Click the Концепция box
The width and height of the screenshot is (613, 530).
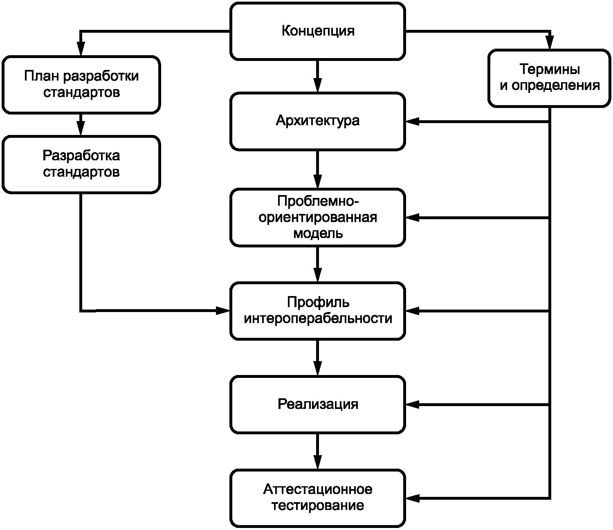click(x=318, y=31)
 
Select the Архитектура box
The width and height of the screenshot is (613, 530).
click(x=318, y=121)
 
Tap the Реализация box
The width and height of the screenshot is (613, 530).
click(x=318, y=404)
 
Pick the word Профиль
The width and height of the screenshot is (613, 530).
click(x=318, y=303)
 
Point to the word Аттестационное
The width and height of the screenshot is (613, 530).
click(x=318, y=490)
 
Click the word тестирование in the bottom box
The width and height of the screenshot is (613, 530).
click(x=318, y=506)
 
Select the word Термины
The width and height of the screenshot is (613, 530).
click(x=550, y=70)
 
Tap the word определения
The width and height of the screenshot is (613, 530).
click(x=555, y=86)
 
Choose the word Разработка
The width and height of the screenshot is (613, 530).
click(x=81, y=156)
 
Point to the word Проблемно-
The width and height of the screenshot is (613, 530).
click(x=318, y=201)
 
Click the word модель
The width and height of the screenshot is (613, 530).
click(x=318, y=234)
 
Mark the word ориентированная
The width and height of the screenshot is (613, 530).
click(x=318, y=218)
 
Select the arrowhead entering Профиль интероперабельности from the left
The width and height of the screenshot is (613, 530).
click(x=223, y=311)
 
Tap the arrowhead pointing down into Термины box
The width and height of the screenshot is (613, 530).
click(x=550, y=43)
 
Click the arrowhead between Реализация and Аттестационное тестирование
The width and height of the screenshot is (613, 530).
click(x=318, y=462)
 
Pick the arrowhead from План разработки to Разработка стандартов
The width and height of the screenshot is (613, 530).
click(x=81, y=128)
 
